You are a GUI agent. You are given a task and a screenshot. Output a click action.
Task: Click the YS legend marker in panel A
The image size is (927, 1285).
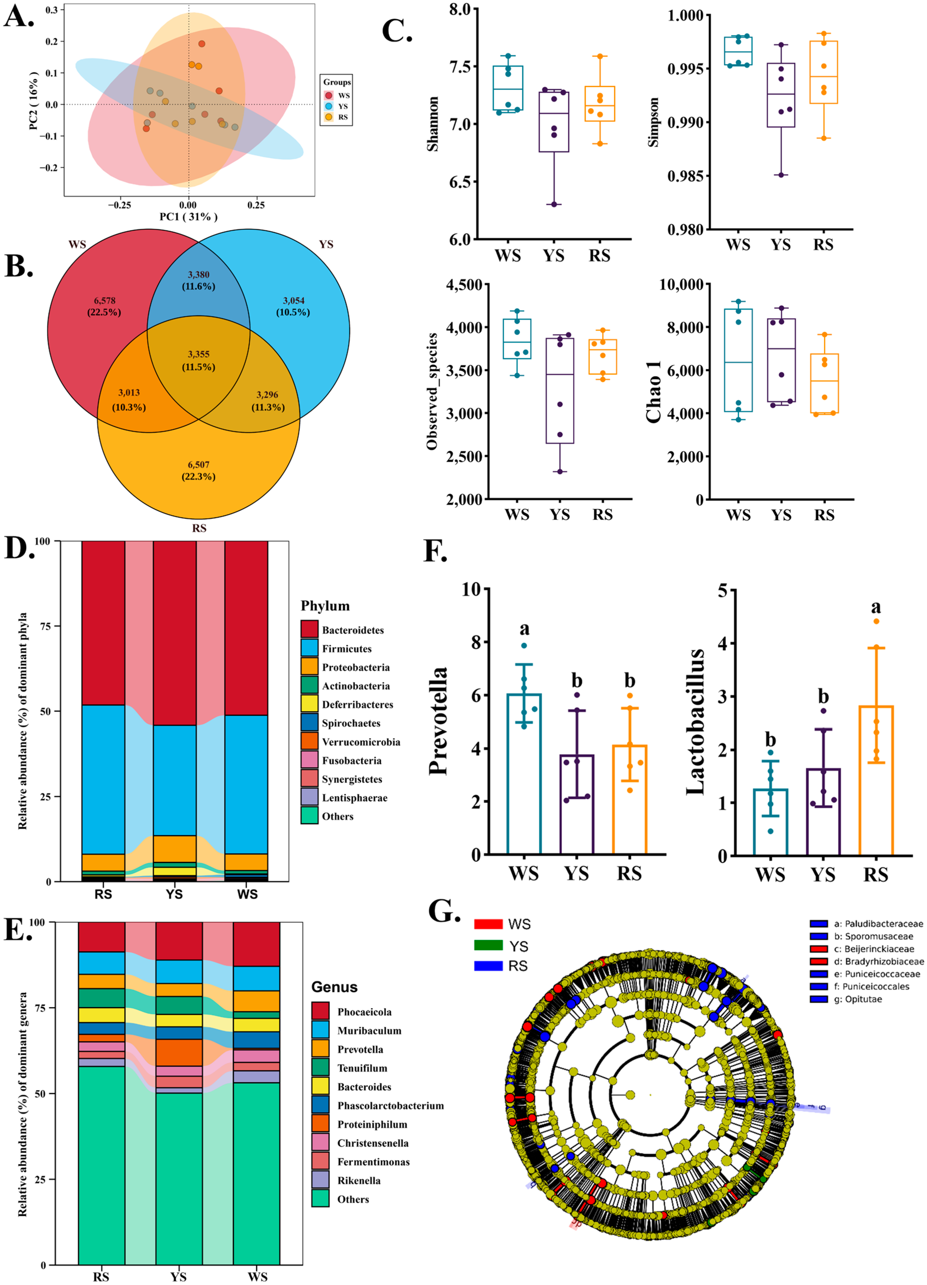click(x=329, y=106)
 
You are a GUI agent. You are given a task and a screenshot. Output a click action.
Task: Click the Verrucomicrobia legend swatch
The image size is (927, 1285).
click(x=309, y=742)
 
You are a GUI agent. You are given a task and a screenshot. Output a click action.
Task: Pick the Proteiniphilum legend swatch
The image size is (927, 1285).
click(x=320, y=1124)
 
